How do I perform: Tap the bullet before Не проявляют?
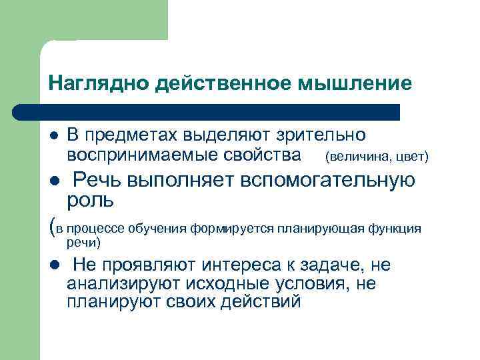click(x=54, y=265)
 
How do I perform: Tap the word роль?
click(x=90, y=199)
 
